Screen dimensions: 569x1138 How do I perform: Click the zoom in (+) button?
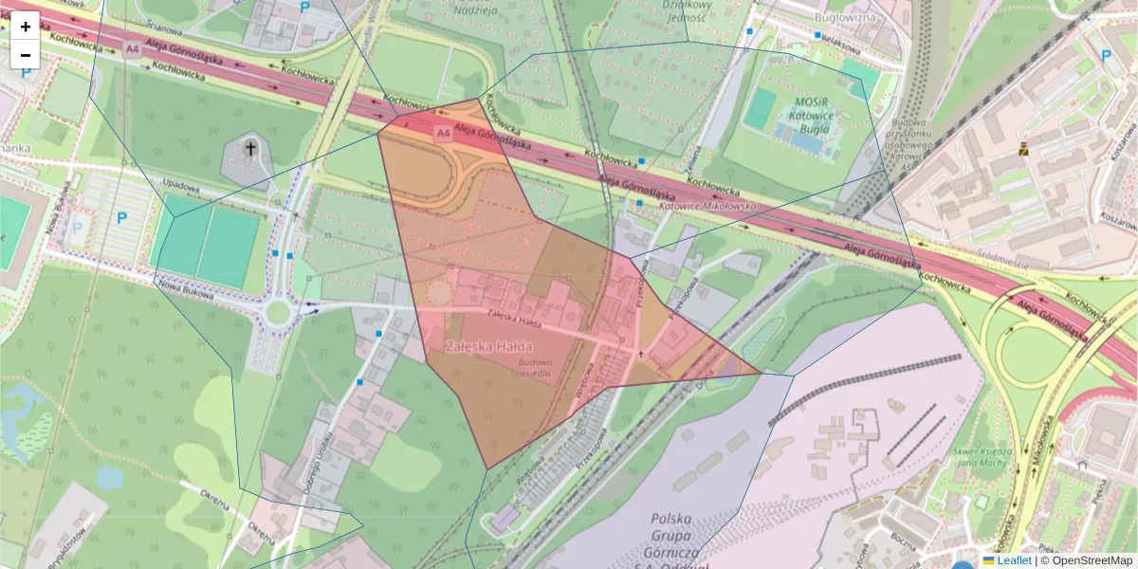(26, 26)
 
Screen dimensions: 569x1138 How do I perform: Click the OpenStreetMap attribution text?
(1090, 560)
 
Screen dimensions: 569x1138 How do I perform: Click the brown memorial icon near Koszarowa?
(1023, 149)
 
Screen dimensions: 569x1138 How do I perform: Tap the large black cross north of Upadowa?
(250, 149)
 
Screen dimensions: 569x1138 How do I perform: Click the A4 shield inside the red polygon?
(442, 134)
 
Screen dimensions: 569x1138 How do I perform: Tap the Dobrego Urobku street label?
(321, 454)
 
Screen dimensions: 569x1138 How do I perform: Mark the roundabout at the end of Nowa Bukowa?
(277, 310)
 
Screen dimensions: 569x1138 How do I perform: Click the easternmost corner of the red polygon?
(761, 374)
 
